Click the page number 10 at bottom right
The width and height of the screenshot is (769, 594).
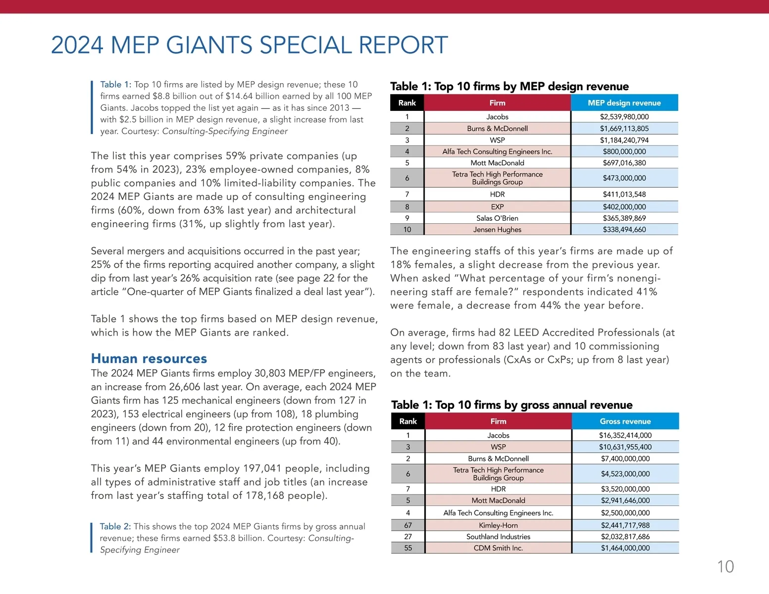pos(725,567)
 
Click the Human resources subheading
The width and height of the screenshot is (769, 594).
pos(149,358)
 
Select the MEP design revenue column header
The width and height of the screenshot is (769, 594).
pos(624,103)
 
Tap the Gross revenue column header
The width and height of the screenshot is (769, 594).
pos(625,421)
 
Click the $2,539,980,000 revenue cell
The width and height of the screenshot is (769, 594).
pos(624,117)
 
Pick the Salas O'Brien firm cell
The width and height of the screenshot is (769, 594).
pos(497,218)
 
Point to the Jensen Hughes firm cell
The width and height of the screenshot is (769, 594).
pos(497,230)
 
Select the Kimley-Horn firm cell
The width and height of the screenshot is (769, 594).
pos(498,525)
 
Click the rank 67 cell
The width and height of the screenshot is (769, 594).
pos(408,525)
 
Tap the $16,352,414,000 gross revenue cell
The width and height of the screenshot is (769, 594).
pos(625,436)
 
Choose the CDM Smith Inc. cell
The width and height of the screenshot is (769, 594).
pos(498,548)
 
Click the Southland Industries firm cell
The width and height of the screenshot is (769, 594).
pos(498,537)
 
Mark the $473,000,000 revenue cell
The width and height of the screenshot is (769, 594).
pos(624,178)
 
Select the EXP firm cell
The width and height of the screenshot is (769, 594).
pos(497,207)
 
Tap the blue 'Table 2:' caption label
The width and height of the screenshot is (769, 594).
pos(115,527)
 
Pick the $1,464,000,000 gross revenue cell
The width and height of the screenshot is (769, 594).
pos(625,548)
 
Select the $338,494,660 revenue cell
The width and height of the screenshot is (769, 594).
pos(624,230)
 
